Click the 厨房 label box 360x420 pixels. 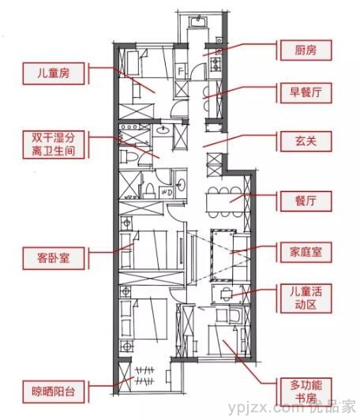(306, 51)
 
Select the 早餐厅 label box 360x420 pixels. (306, 92)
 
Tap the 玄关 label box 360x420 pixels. (306, 141)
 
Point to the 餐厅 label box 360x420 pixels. (306, 201)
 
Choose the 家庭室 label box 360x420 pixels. (306, 253)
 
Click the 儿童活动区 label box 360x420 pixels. (306, 298)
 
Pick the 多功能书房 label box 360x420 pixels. (306, 392)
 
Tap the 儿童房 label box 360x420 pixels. (54, 73)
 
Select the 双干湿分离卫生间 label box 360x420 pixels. (54, 144)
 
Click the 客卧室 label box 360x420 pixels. (54, 258)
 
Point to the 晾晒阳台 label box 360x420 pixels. (54, 392)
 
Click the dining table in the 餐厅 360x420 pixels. (225, 202)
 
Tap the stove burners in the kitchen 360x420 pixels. (215, 65)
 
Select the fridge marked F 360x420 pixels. (181, 71)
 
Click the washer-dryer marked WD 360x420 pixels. (166, 193)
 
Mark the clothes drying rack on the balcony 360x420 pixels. (145, 376)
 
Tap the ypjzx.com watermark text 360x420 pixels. (266, 408)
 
